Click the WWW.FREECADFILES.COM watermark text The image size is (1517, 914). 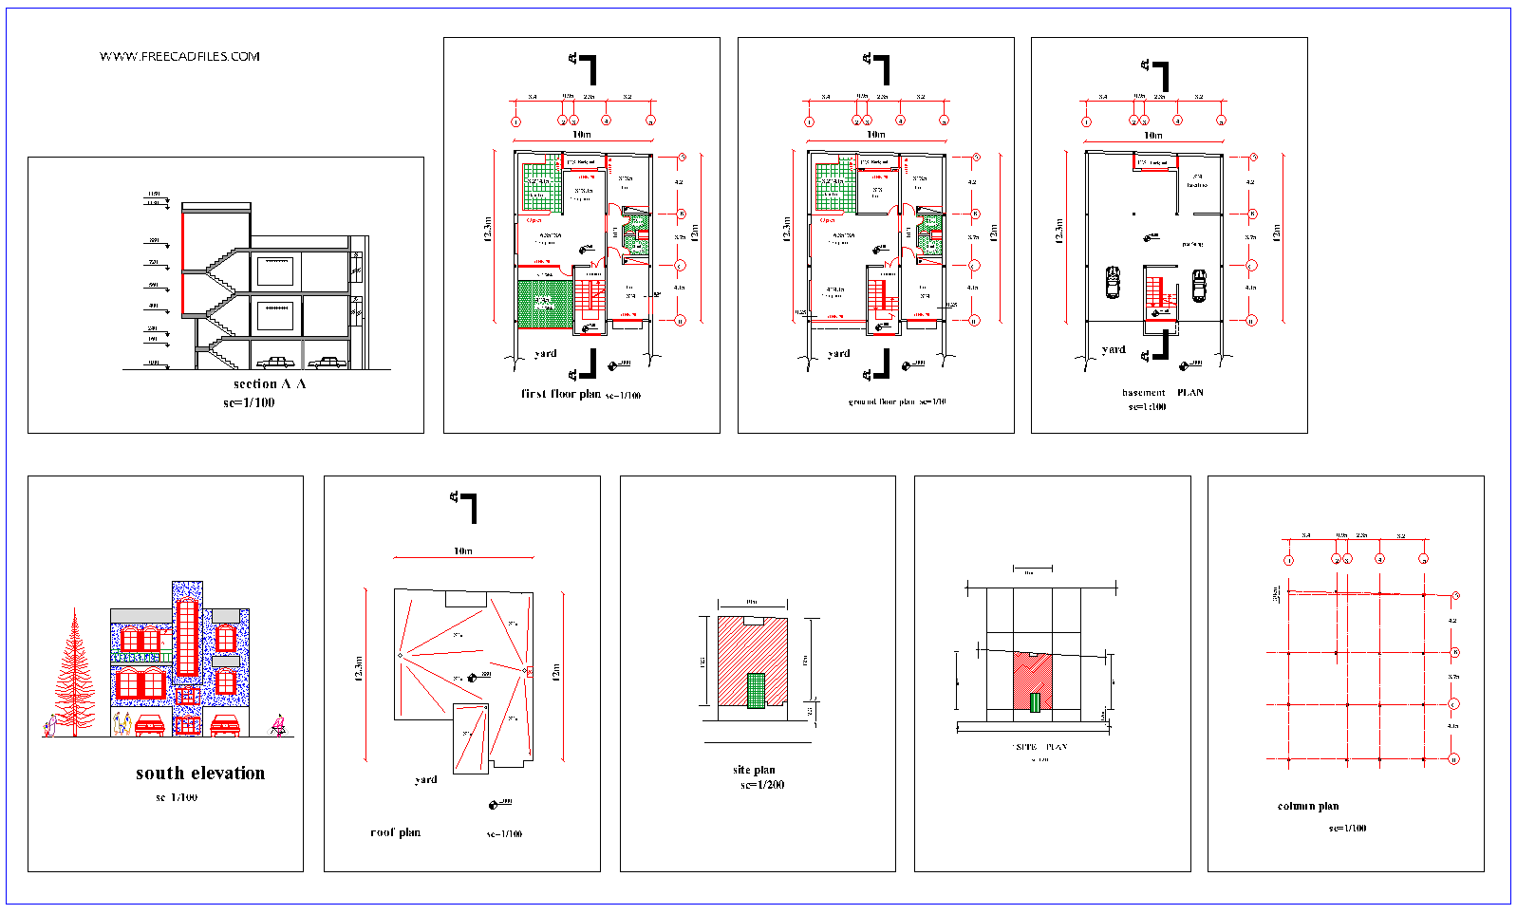(179, 57)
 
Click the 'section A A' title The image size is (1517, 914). (270, 384)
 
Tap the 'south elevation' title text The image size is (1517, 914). (200, 774)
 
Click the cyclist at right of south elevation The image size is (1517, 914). (278, 726)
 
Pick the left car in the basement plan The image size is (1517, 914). (1113, 283)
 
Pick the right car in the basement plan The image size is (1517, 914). (1199, 285)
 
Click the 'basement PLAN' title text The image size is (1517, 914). (1162, 393)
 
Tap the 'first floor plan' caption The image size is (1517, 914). (560, 394)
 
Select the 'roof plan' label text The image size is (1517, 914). (395, 832)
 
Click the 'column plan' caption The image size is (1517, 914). (1308, 806)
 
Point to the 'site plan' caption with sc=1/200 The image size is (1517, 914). (755, 770)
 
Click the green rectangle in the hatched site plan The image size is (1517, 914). (756, 690)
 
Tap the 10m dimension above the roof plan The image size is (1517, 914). (462, 551)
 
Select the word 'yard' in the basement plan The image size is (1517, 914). (1114, 349)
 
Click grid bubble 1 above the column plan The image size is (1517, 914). (1288, 560)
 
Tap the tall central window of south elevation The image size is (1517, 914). (186, 638)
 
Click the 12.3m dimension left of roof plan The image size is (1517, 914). (359, 669)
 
